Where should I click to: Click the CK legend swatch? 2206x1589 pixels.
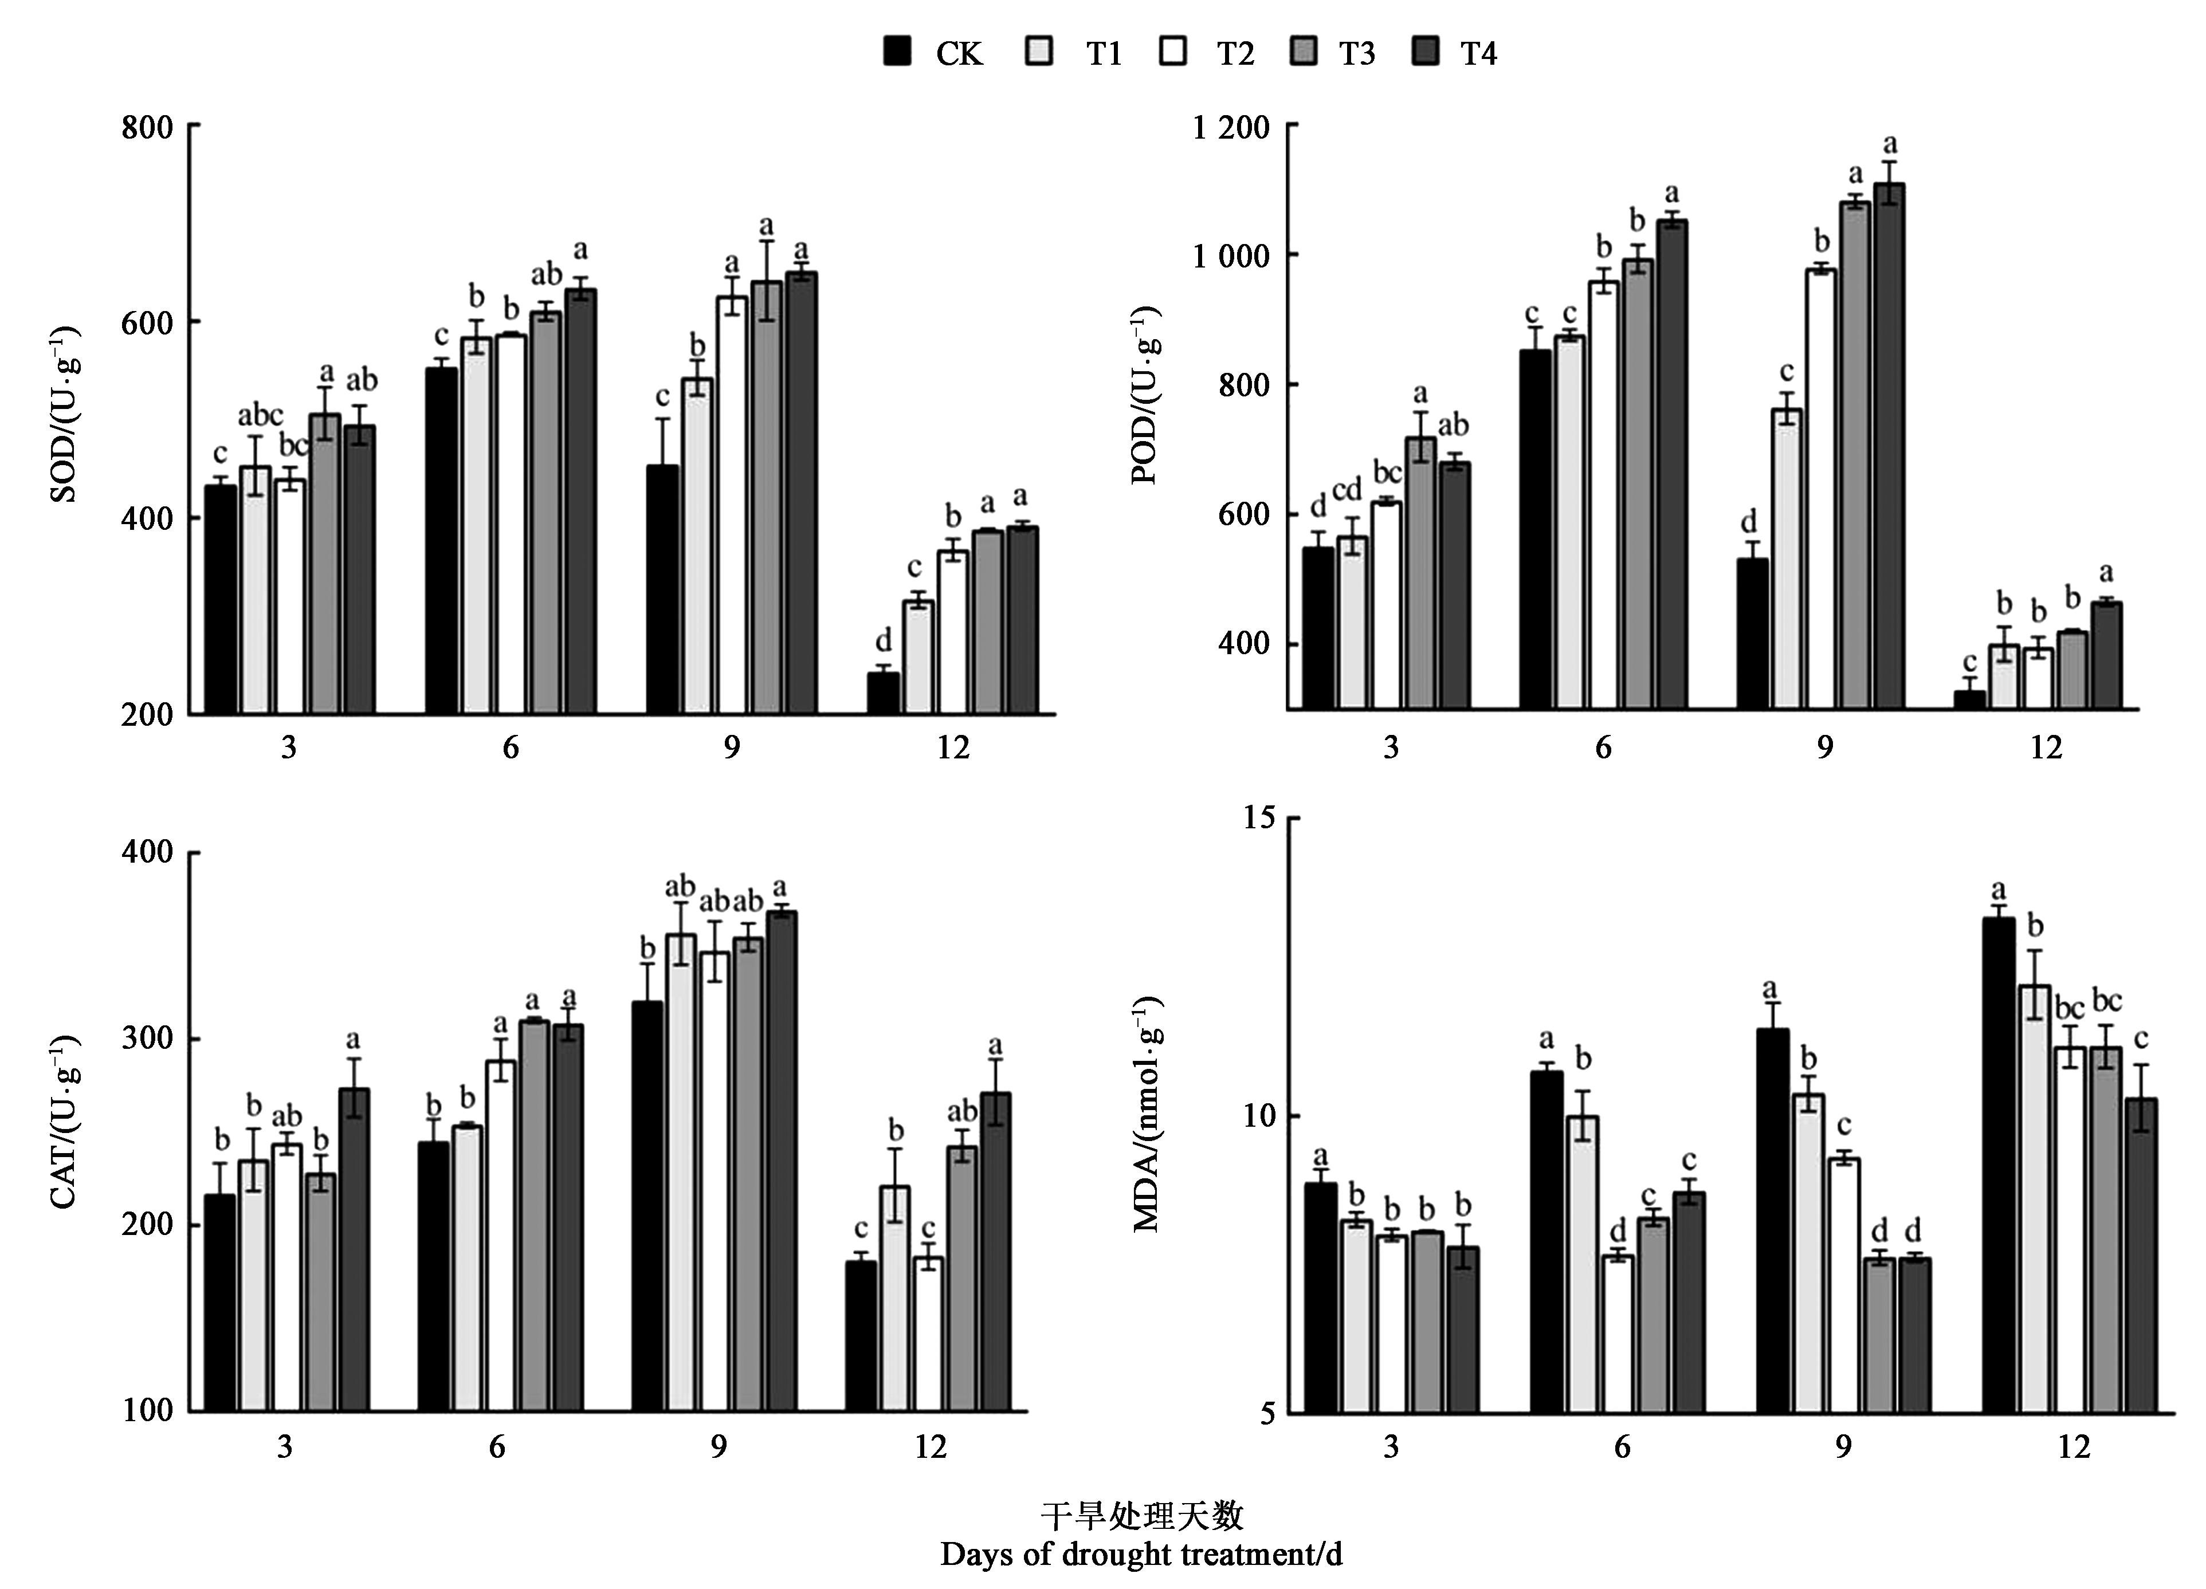pyautogui.click(x=897, y=52)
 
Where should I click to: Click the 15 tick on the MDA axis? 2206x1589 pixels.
pyautogui.click(x=1259, y=818)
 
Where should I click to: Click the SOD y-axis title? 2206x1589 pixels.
pyautogui.click(x=64, y=414)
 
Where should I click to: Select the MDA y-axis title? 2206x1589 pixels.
pyautogui.click(x=1148, y=1114)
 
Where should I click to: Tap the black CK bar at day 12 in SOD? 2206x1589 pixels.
pyautogui.click(x=883, y=693)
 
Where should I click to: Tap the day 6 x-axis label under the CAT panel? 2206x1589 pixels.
pyautogui.click(x=497, y=1447)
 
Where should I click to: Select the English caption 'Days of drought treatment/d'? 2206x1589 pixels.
pyautogui.click(x=1141, y=1554)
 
